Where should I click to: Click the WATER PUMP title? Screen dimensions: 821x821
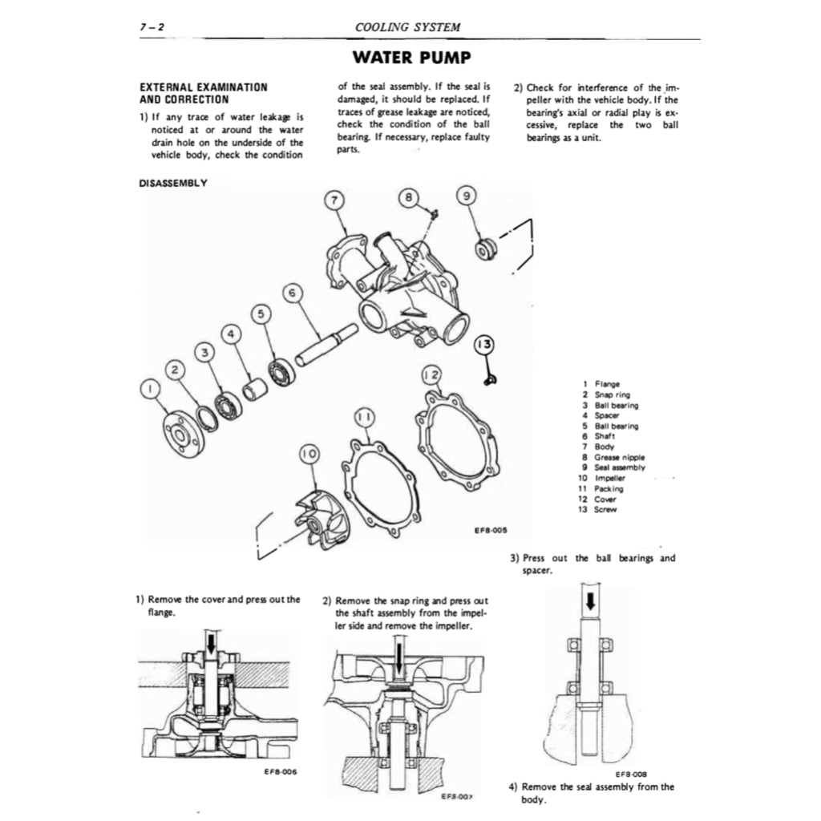[410, 58]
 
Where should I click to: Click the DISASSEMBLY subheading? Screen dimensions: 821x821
[173, 183]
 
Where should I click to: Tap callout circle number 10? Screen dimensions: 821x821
[309, 455]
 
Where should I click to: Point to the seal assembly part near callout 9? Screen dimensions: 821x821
[485, 249]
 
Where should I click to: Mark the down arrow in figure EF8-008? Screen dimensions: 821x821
[590, 601]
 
